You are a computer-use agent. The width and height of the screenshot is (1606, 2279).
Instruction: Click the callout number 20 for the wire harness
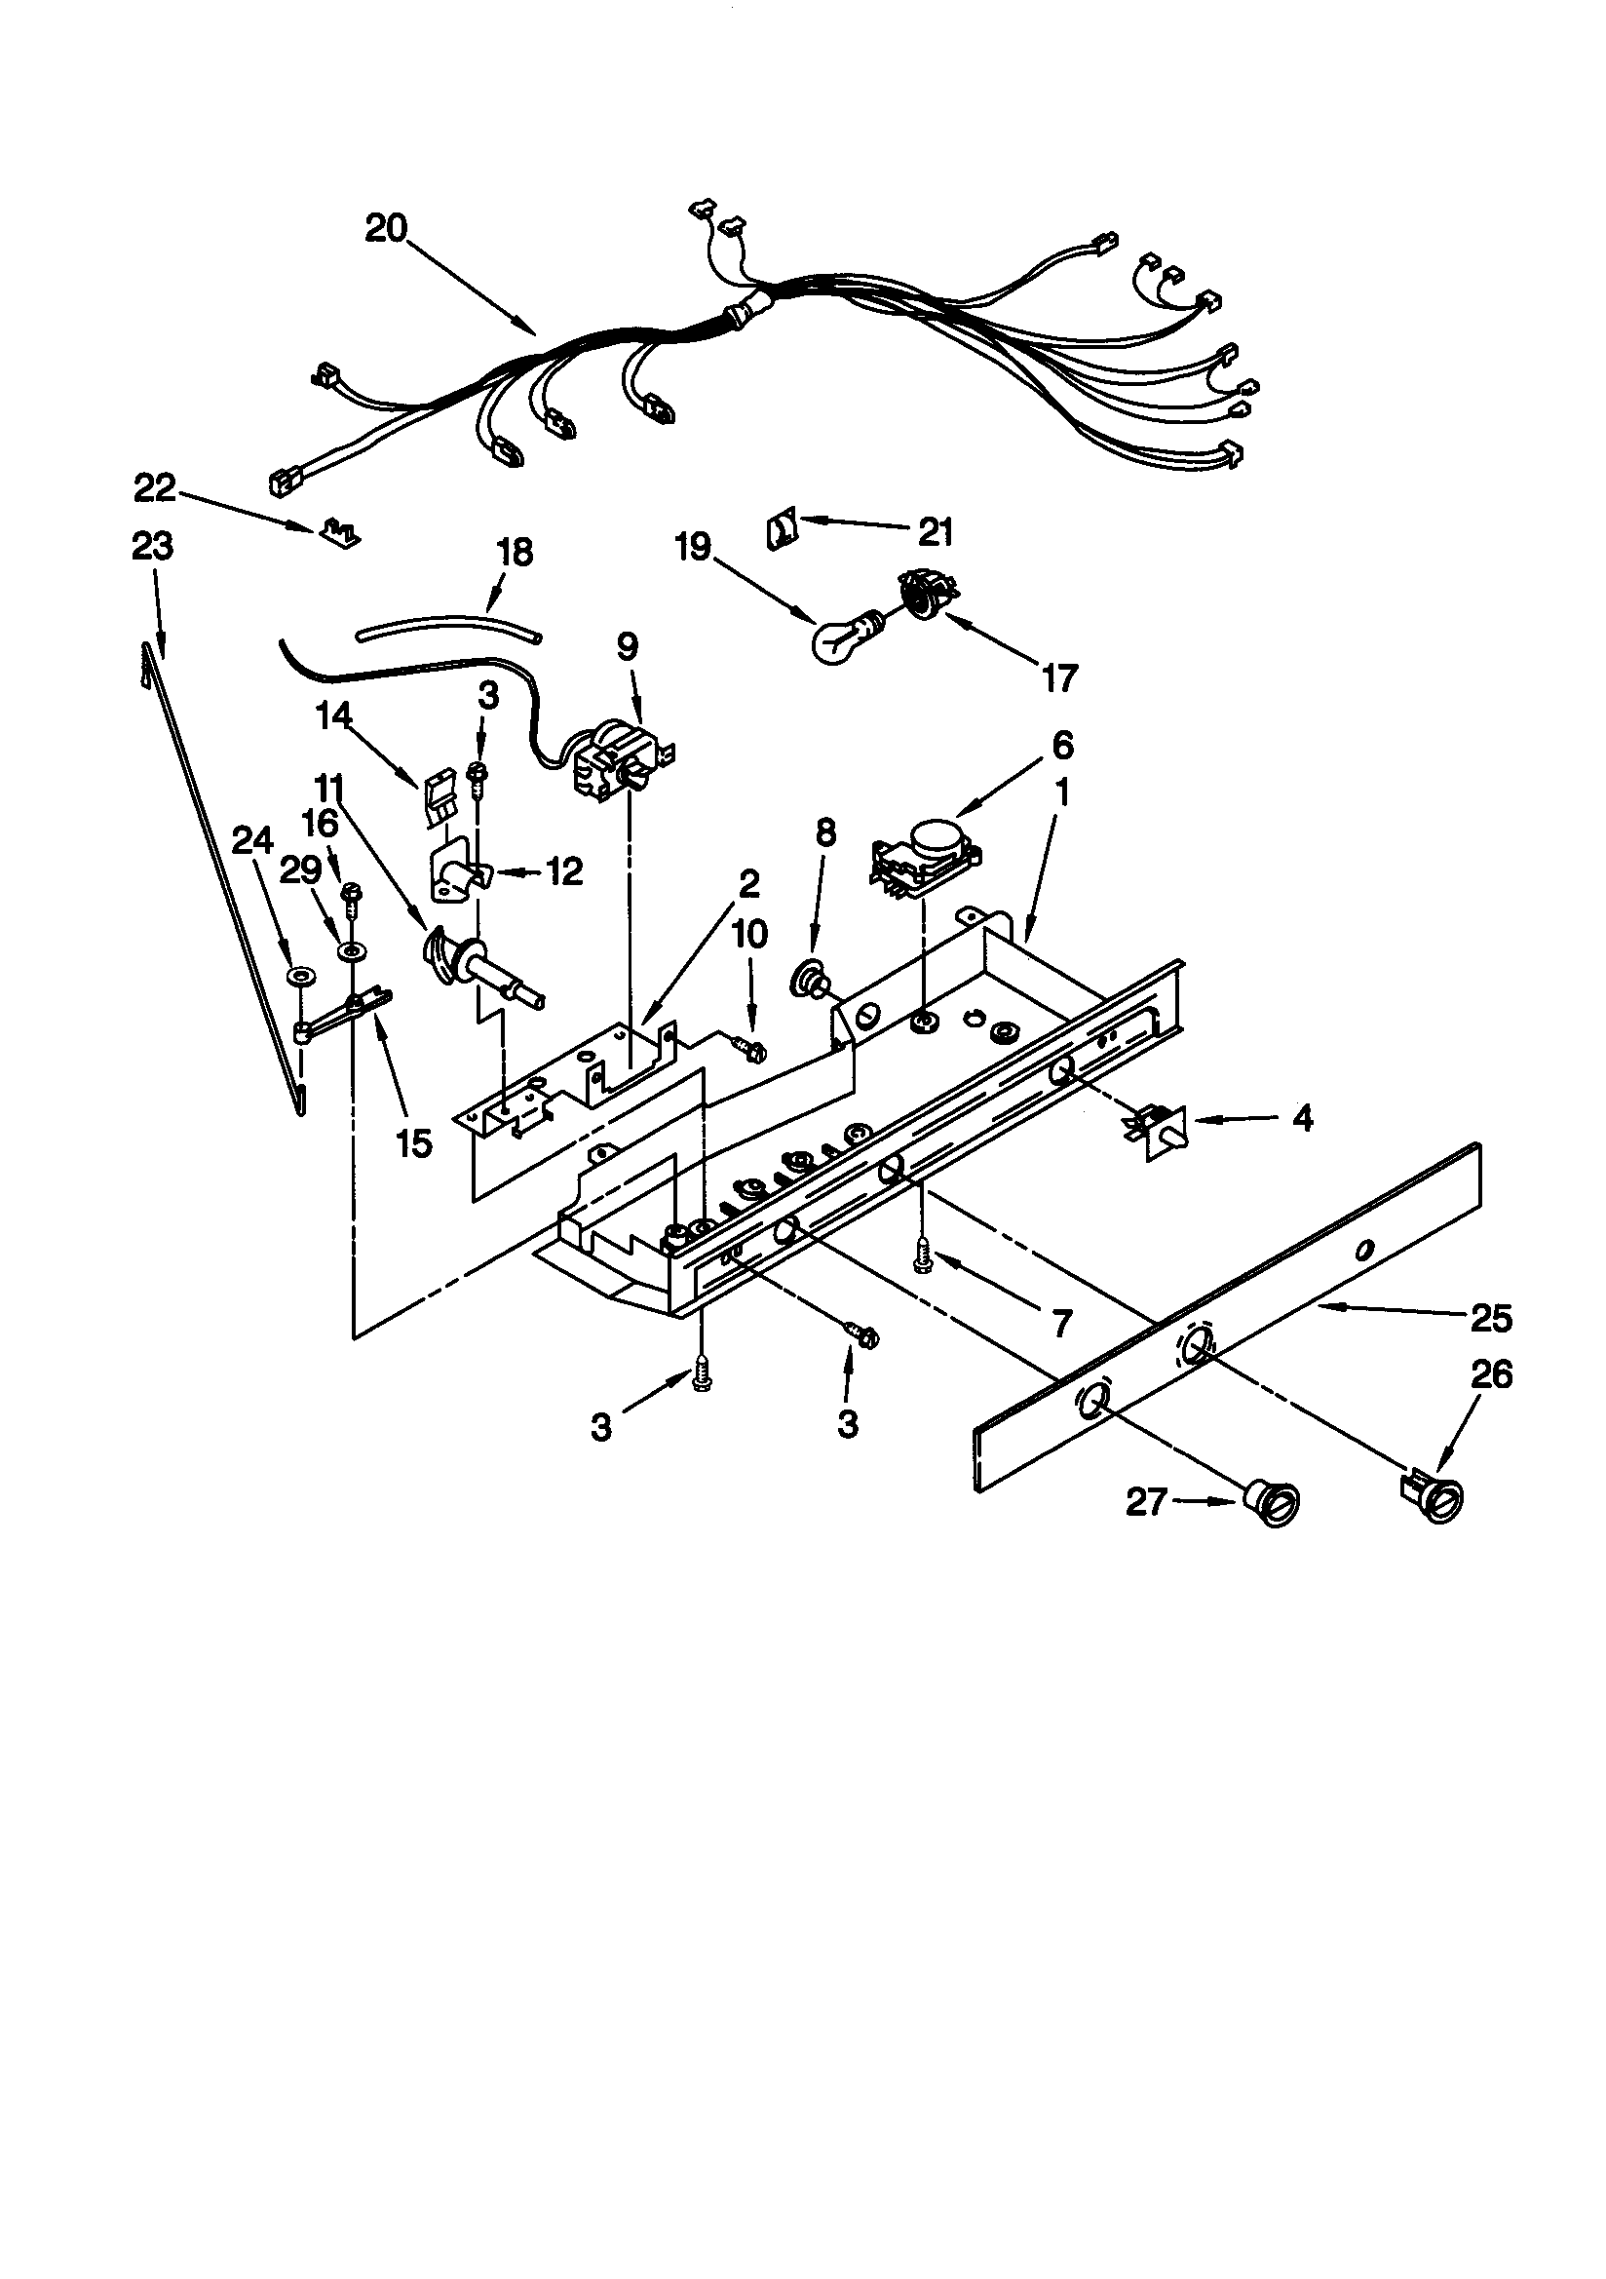pos(386,228)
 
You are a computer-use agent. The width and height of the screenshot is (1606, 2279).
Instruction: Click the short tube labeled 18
pos(448,628)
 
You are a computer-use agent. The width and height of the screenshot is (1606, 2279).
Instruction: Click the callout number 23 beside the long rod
pos(153,547)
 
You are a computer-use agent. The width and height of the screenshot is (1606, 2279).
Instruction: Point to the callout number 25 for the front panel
pos(1491,1319)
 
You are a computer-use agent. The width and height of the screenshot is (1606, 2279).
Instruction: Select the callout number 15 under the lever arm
pos(414,1144)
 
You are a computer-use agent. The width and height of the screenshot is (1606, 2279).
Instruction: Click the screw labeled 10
pos(751,1045)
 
